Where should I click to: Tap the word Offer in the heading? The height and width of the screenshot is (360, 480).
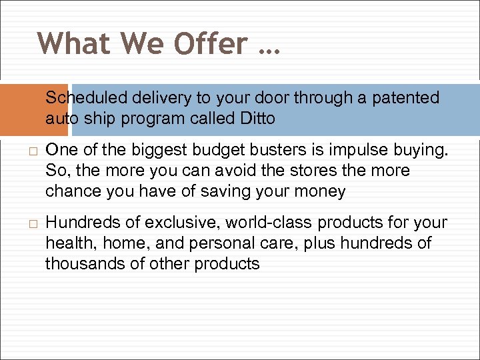tap(209, 44)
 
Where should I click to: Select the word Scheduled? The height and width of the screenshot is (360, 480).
tap(86, 99)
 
